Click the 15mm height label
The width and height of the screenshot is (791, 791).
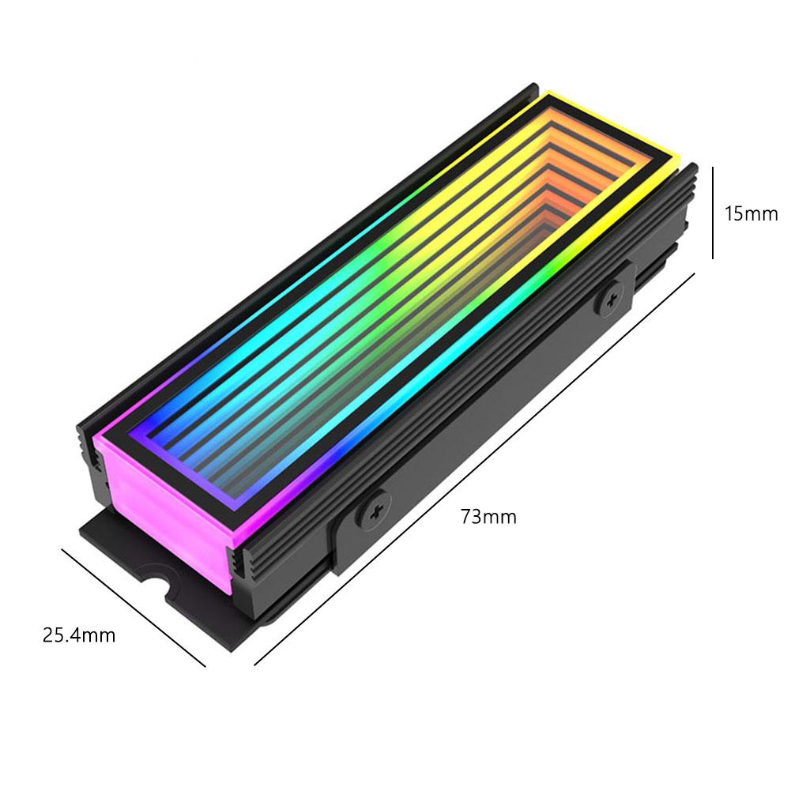point(751,213)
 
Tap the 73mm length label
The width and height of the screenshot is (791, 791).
point(488,518)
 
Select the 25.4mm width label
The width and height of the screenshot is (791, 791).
point(78,635)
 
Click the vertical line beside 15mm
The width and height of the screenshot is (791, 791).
point(713,212)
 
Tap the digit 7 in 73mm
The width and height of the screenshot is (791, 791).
point(466,518)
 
